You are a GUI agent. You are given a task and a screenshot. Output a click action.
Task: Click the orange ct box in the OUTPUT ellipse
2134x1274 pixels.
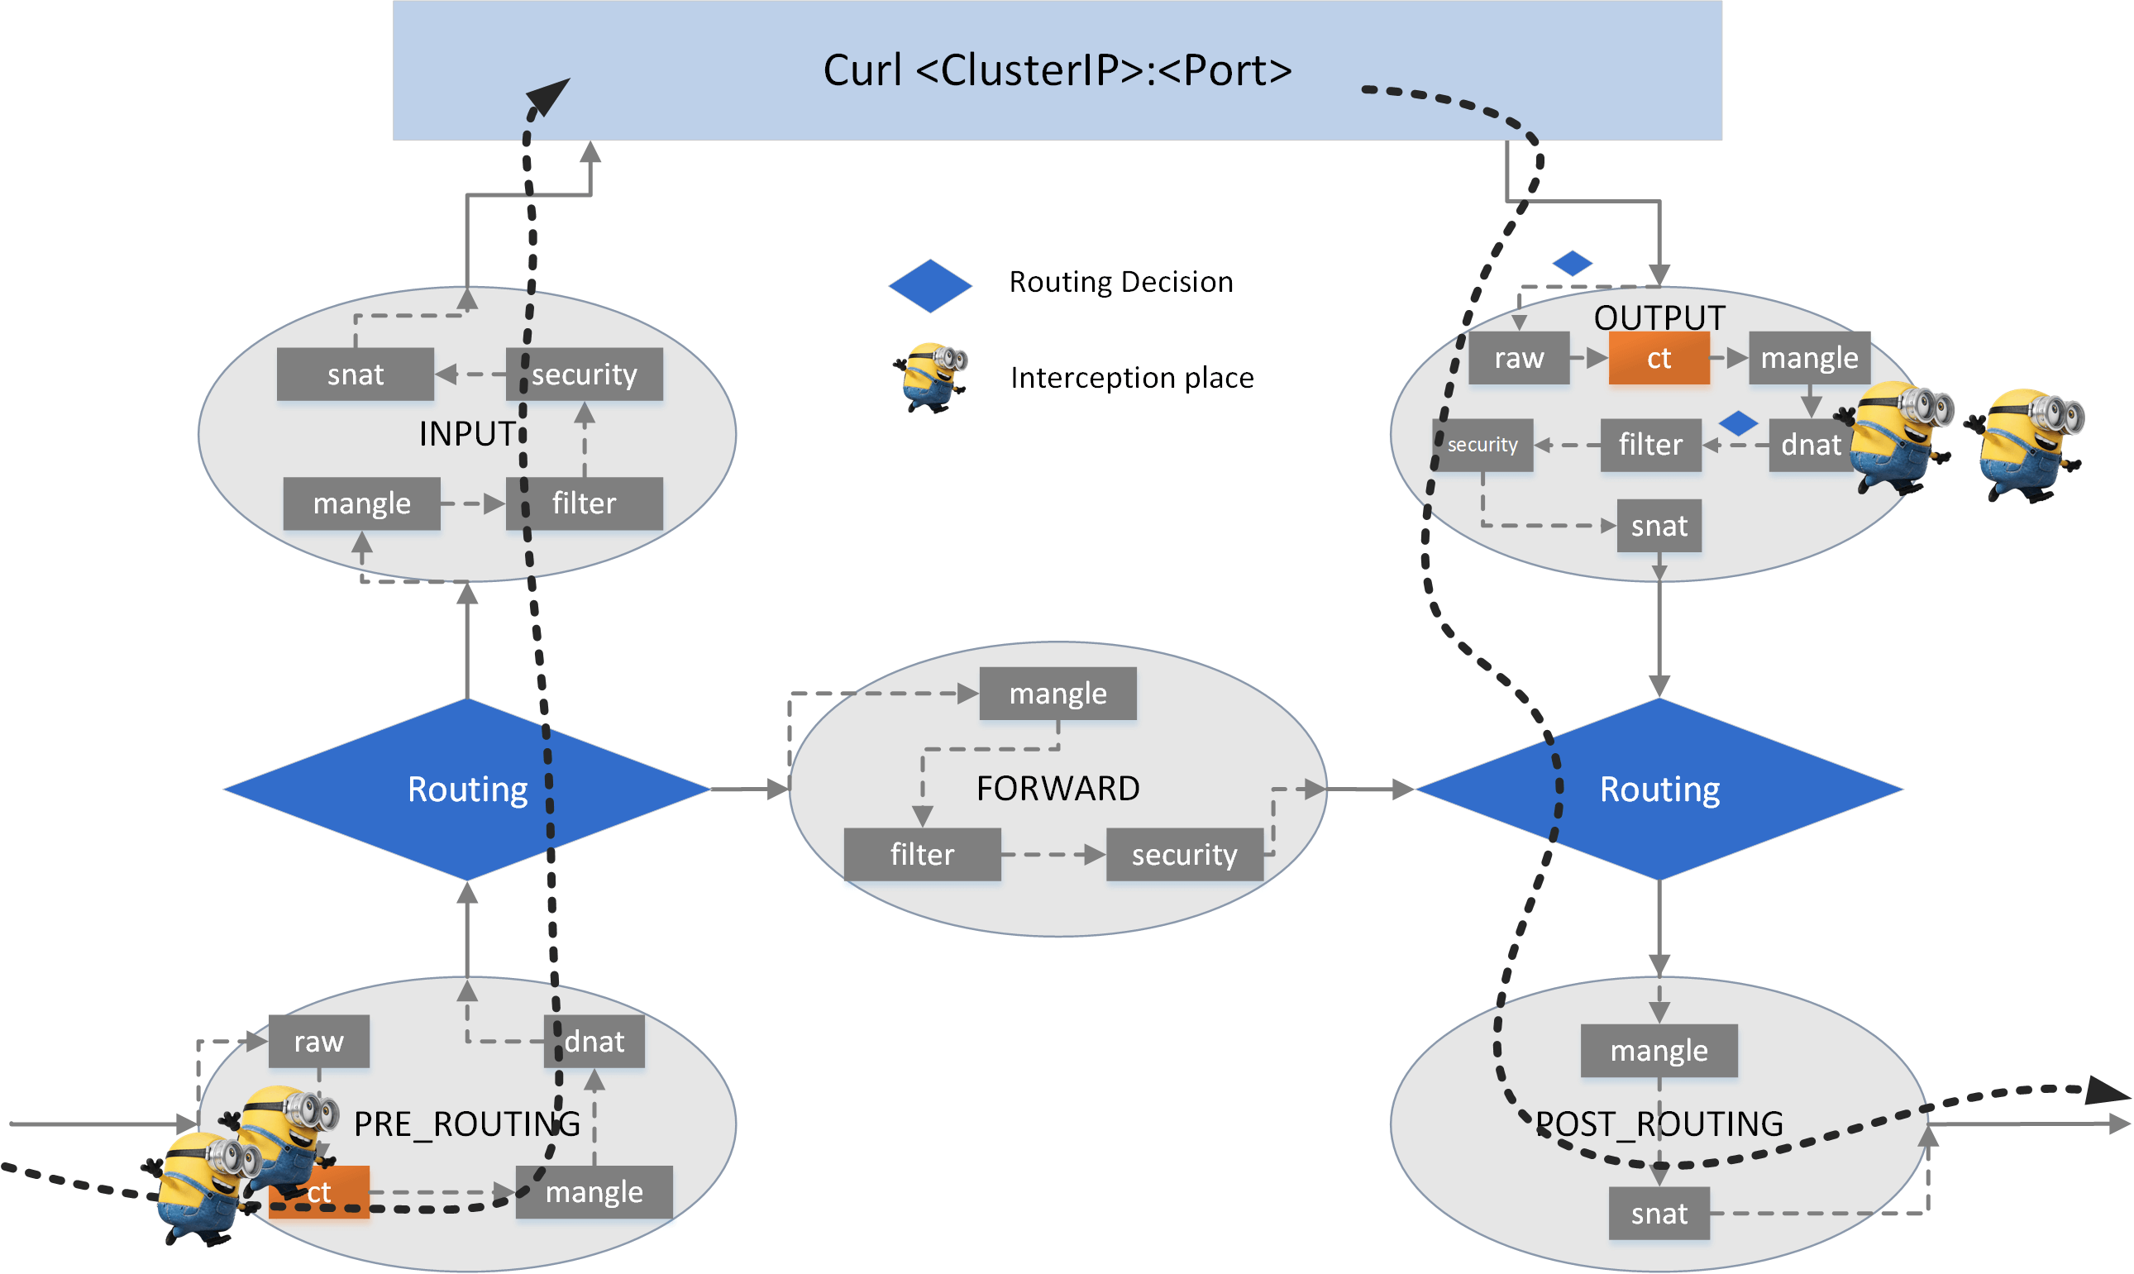click(x=1659, y=358)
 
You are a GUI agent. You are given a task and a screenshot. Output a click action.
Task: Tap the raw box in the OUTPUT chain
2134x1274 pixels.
click(x=1519, y=358)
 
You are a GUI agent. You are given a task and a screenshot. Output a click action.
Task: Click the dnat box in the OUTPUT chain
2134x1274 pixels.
click(x=1810, y=445)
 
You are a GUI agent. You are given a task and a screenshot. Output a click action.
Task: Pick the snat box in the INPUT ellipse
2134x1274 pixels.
click(x=355, y=375)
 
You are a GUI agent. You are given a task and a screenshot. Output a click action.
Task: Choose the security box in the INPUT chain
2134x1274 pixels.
click(x=584, y=375)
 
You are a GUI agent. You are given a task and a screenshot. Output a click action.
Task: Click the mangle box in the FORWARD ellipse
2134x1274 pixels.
click(x=1057, y=694)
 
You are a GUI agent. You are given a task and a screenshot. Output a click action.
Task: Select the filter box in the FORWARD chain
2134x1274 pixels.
click(x=922, y=854)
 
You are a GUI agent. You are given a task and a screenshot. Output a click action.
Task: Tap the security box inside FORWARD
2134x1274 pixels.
click(x=1184, y=854)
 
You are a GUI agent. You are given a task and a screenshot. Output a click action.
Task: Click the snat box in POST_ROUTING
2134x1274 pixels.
click(x=1659, y=1214)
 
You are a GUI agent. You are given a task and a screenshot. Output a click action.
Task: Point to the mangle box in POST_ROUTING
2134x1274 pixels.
click(x=1659, y=1051)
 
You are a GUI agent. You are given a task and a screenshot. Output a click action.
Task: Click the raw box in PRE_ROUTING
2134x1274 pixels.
click(x=318, y=1042)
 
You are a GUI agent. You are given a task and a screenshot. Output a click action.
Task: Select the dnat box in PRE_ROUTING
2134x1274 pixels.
click(x=594, y=1042)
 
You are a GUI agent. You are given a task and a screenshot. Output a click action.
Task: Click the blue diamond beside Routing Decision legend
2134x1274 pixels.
click(x=929, y=286)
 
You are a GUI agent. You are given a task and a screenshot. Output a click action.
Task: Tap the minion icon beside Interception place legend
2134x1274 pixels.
click(x=931, y=378)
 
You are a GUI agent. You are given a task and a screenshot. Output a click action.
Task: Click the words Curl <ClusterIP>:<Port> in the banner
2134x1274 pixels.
click(x=1057, y=70)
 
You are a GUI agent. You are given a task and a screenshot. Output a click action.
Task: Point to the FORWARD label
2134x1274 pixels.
click(x=1057, y=788)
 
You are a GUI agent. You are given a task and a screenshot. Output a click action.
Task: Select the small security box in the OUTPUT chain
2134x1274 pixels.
click(x=1482, y=445)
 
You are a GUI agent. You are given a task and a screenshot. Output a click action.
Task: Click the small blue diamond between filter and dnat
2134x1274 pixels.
click(x=1738, y=423)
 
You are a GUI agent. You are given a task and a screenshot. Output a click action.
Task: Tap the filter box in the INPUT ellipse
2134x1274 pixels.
click(x=584, y=503)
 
